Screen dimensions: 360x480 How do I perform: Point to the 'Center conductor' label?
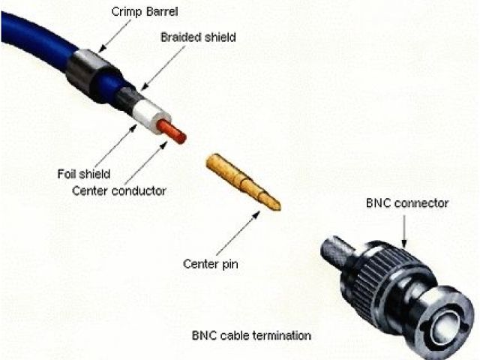pyautogui.click(x=119, y=190)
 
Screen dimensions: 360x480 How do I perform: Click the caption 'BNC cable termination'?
pyautogui.click(x=251, y=334)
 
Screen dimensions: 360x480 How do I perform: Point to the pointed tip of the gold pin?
pyautogui.click(x=277, y=205)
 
